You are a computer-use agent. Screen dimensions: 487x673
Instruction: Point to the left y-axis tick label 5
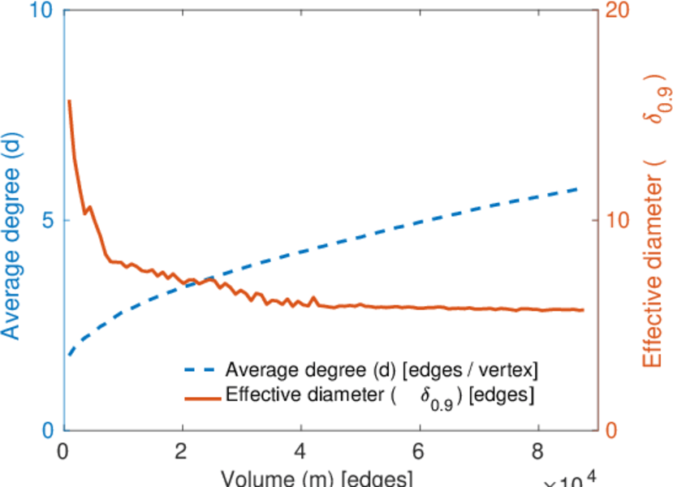(46, 221)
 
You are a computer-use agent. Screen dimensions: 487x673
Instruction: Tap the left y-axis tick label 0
(46, 430)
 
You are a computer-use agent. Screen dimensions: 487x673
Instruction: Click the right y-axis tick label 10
(619, 221)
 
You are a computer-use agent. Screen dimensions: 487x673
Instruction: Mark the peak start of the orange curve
(69, 101)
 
